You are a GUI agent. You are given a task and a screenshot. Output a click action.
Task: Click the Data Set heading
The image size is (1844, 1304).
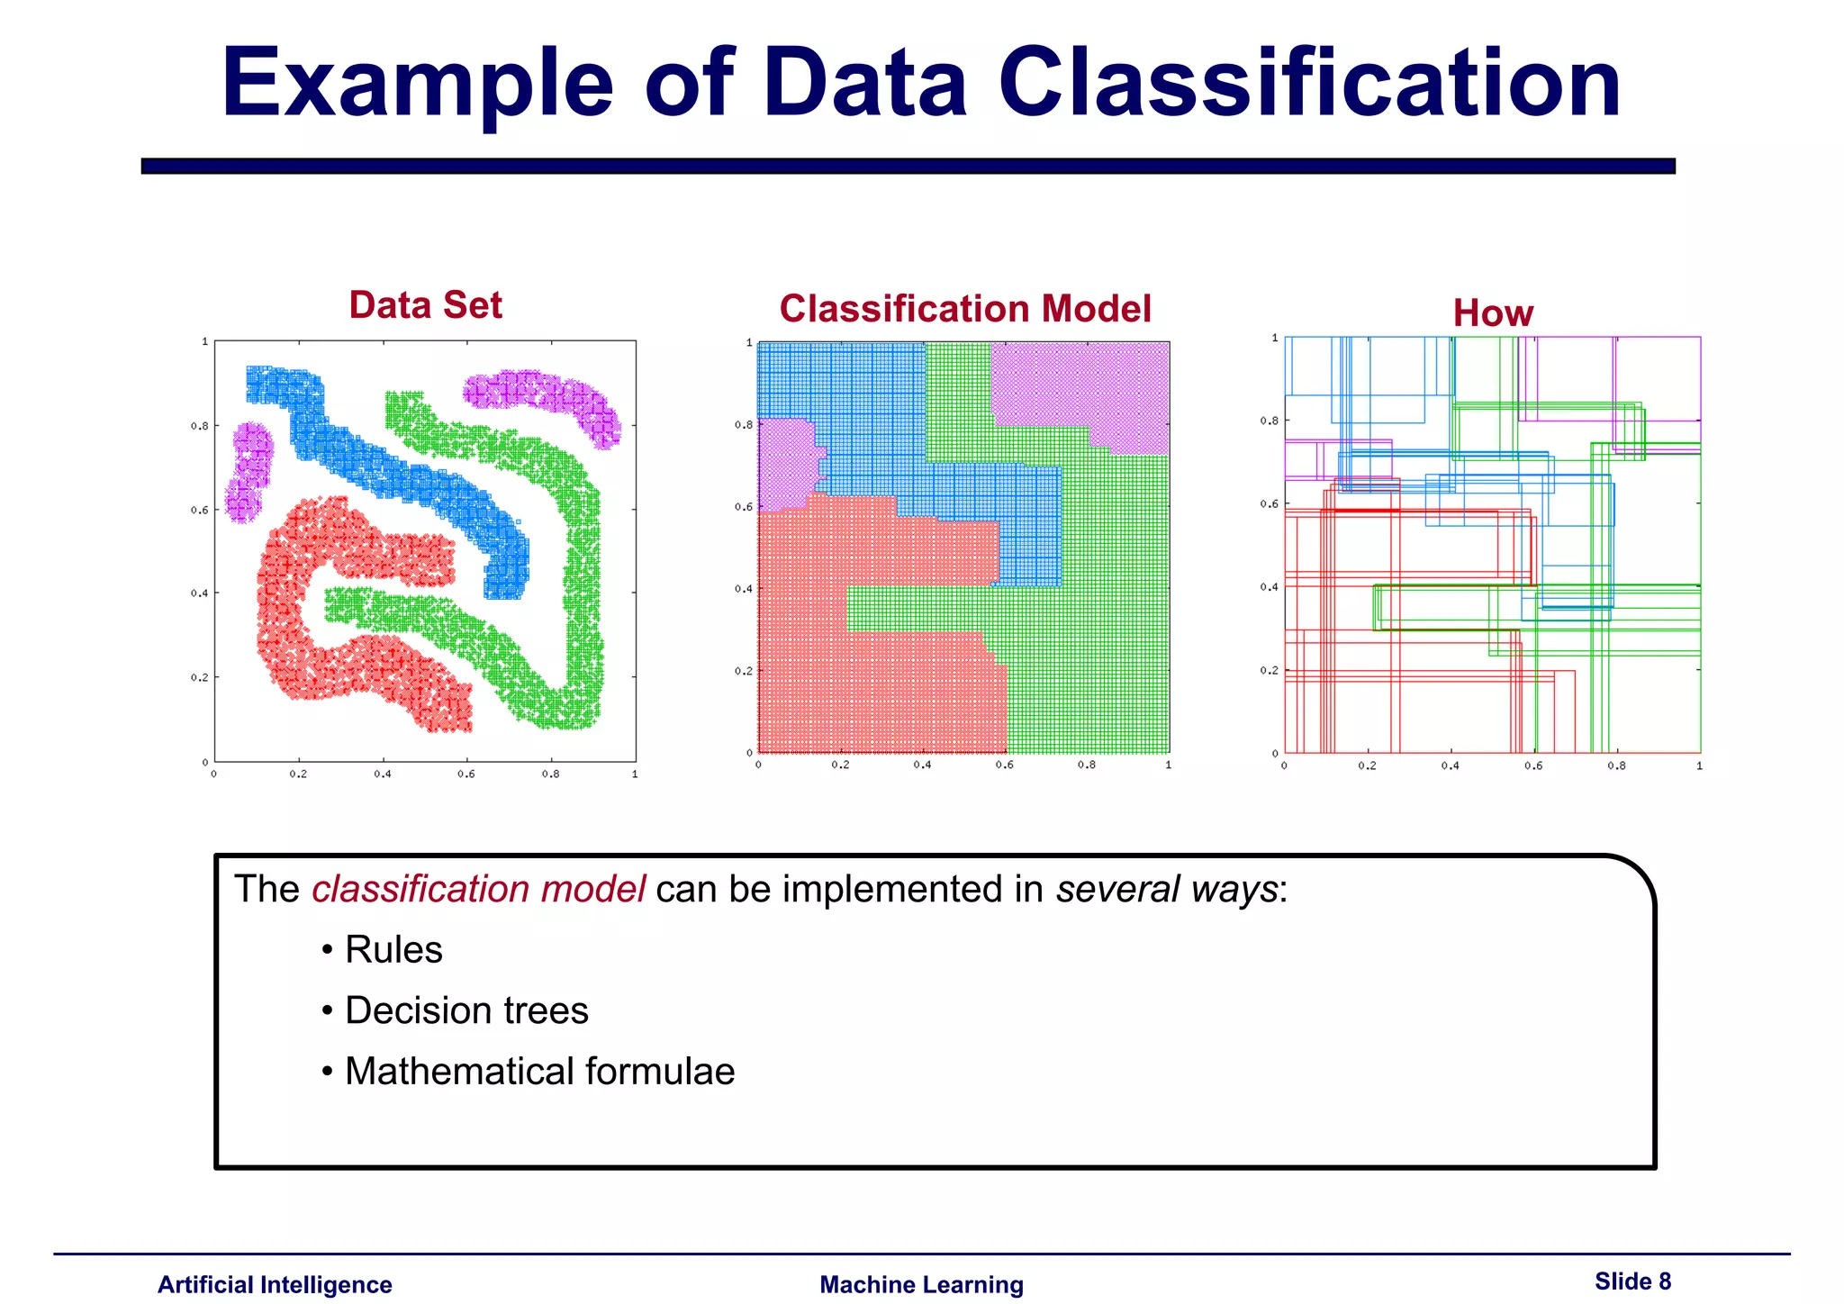point(425,305)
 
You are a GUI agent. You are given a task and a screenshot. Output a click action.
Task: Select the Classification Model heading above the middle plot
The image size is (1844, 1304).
point(964,309)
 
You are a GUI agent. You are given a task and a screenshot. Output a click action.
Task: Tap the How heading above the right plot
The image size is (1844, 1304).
point(1492,313)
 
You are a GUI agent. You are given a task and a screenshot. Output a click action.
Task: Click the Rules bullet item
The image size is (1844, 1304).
point(393,950)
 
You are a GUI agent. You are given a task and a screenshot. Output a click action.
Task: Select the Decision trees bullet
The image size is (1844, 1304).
point(466,1010)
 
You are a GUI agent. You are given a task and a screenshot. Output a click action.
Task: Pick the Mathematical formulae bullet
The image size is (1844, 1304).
point(539,1072)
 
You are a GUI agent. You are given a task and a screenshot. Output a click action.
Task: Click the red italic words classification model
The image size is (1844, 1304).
point(478,890)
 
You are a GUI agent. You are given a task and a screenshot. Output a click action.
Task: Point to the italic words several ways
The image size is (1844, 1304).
point(1167,890)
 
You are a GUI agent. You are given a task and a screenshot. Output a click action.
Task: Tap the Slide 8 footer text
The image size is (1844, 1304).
point(1632,1281)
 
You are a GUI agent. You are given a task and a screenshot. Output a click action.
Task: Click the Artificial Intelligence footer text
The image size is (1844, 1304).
point(275,1285)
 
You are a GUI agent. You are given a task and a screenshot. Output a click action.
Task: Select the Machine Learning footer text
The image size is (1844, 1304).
point(921,1285)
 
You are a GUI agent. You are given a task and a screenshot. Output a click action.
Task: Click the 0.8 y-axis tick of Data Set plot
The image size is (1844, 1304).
point(199,426)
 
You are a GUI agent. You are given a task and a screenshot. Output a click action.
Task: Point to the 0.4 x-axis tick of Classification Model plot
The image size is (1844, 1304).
point(922,765)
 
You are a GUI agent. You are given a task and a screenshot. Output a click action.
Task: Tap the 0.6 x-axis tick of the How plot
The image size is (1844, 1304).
point(1532,766)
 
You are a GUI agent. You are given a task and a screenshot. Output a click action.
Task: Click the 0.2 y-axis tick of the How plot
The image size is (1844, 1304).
point(1268,671)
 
